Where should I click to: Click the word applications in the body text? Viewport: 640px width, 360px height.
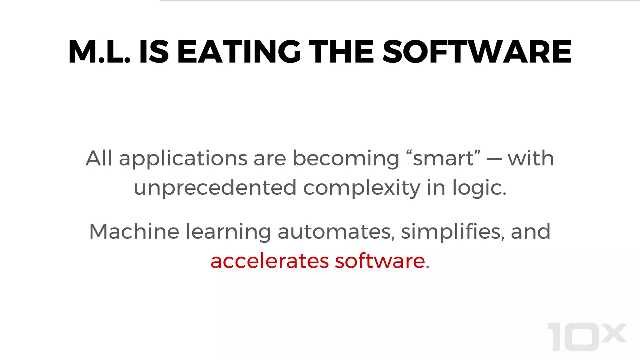(183, 159)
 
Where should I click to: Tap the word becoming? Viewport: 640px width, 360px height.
(346, 159)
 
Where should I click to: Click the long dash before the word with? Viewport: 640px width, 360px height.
(494, 159)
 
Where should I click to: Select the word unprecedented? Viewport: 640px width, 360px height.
(215, 188)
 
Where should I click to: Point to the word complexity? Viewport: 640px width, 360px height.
(362, 188)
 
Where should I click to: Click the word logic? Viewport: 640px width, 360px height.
(479, 188)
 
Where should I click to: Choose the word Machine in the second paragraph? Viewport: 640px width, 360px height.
(134, 232)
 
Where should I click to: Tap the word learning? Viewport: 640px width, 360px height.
(228, 232)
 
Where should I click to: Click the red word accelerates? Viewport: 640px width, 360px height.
(270, 261)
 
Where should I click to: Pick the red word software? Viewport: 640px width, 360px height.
(380, 261)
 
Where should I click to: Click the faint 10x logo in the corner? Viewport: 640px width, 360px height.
(587, 337)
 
